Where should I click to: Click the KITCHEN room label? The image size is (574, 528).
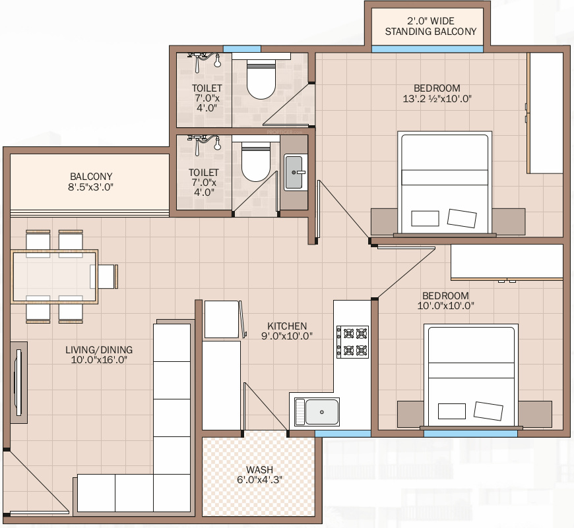pos(287,326)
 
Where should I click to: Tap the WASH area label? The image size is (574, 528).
pos(259,469)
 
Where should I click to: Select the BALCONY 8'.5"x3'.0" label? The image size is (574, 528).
pos(91,182)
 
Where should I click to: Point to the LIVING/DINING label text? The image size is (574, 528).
pos(99,349)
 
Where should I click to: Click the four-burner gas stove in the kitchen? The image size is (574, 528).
pos(352,342)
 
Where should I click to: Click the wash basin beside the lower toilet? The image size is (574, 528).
pos(294,172)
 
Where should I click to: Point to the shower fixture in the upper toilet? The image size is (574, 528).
pos(205,61)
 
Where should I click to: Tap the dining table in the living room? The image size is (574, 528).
pos(55,277)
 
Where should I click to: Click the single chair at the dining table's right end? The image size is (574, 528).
pos(108,276)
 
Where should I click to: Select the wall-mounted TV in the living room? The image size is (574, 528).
pos(18,382)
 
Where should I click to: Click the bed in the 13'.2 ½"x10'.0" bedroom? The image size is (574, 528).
pos(445,183)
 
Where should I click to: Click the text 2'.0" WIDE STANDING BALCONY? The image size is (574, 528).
pos(430,26)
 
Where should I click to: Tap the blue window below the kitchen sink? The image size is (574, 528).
pos(343,434)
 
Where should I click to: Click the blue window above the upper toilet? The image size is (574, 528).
pos(242,49)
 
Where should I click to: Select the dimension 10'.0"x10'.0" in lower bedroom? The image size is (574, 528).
pos(445,306)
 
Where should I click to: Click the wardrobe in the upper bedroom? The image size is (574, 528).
pos(545,113)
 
